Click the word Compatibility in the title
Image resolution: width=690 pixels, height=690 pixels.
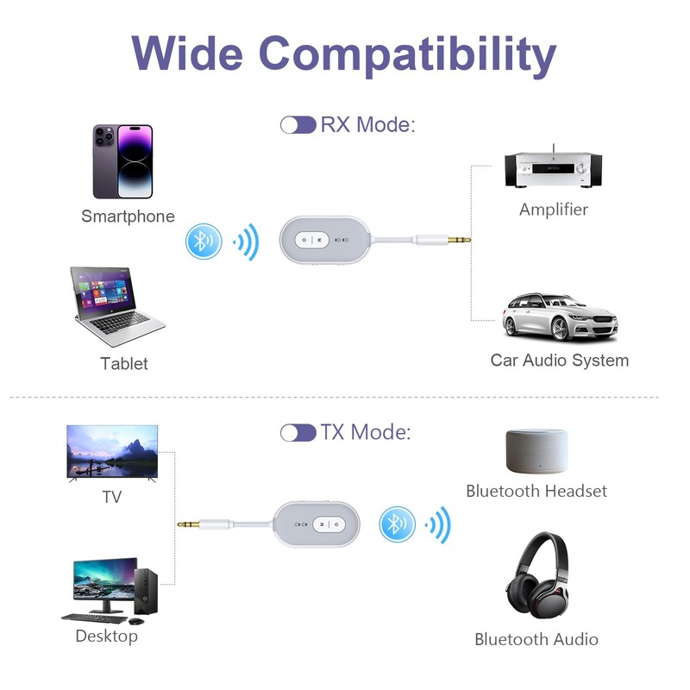click(x=407, y=55)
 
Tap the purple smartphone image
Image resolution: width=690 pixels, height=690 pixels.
click(x=122, y=161)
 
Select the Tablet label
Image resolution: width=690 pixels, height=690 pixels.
click(x=124, y=363)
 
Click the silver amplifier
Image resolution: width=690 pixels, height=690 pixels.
click(x=553, y=168)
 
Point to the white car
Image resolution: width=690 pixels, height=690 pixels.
click(x=560, y=317)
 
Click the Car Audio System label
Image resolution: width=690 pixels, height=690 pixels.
click(x=559, y=360)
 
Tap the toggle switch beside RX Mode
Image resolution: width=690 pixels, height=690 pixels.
click(x=298, y=125)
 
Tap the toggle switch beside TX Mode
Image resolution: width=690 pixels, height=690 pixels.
click(x=298, y=433)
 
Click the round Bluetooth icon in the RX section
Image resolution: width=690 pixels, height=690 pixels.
click(x=204, y=241)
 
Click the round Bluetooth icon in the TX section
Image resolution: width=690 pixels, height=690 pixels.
click(x=397, y=524)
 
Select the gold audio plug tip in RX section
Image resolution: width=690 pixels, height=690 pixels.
click(x=460, y=240)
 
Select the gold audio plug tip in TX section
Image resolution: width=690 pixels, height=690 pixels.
click(x=188, y=524)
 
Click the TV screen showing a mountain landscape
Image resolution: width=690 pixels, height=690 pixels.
click(x=112, y=451)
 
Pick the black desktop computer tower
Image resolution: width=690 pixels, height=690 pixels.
click(x=146, y=591)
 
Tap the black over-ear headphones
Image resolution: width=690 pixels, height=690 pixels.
click(x=537, y=575)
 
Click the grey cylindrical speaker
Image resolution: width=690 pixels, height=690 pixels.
click(x=536, y=451)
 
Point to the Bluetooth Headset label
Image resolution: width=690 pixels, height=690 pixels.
click(x=536, y=491)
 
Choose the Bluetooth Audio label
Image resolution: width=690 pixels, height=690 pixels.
click(x=536, y=639)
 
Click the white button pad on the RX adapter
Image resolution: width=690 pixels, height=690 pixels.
click(x=312, y=240)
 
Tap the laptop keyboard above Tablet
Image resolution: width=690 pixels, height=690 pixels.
click(x=120, y=323)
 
